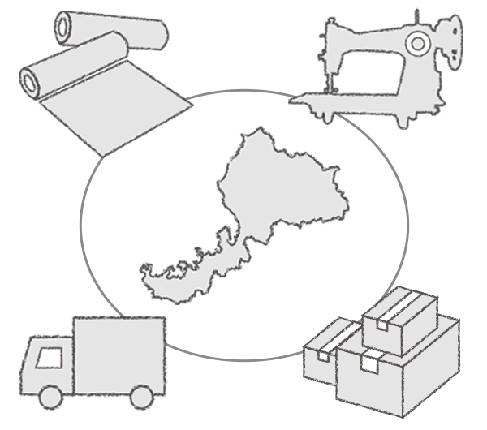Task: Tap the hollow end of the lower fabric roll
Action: tap(33, 80)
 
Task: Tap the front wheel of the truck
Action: tap(51, 397)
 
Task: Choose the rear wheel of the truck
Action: tap(141, 397)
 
